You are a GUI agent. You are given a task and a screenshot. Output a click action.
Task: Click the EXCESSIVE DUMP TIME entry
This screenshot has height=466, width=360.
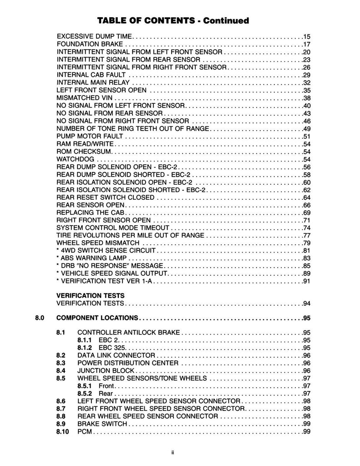(x=94, y=36)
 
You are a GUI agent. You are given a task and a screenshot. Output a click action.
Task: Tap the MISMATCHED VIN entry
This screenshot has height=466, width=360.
(x=85, y=98)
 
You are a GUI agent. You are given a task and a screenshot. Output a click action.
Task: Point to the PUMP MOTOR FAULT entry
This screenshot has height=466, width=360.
(x=90, y=136)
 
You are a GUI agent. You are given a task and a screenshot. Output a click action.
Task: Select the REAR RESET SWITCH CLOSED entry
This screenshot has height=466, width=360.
(x=106, y=198)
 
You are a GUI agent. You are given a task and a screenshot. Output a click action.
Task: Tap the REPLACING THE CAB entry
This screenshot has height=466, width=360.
(x=90, y=213)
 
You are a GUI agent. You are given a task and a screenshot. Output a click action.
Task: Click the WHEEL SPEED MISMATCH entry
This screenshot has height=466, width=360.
(x=97, y=243)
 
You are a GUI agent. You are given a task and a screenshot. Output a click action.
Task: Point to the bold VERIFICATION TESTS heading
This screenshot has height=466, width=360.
(x=90, y=295)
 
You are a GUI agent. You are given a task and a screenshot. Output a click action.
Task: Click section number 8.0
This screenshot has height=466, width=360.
(x=39, y=318)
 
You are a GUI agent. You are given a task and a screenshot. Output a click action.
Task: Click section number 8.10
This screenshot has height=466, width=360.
(x=62, y=431)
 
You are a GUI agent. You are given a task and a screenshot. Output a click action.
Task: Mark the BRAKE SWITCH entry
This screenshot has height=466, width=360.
(x=102, y=424)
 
